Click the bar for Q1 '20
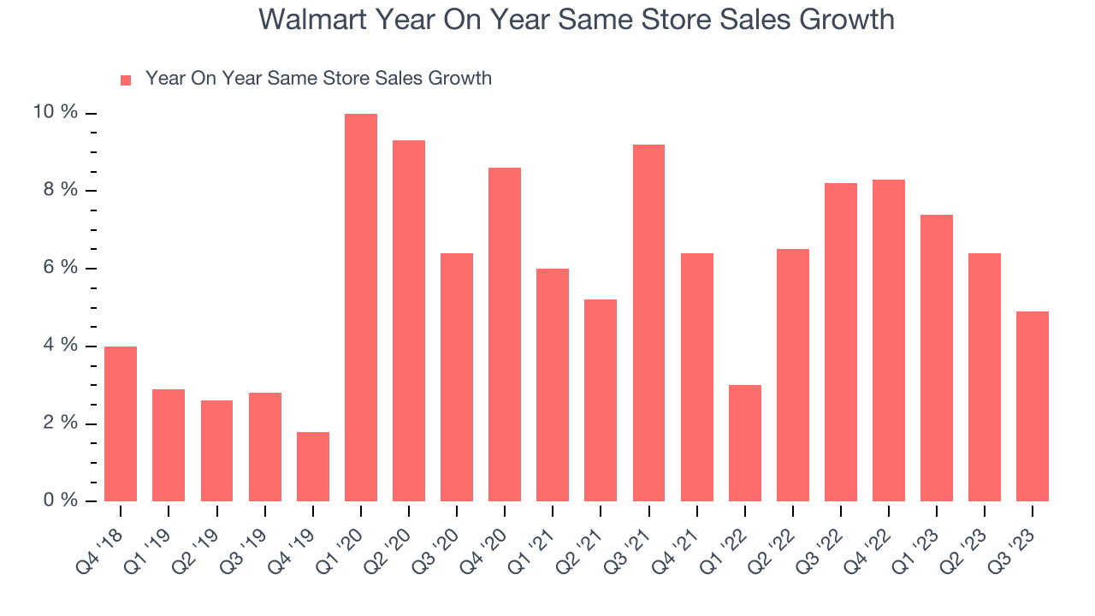point(361,308)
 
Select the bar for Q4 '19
point(313,466)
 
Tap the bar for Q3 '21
point(649,323)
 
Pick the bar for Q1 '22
point(745,443)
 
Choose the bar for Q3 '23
point(1033,406)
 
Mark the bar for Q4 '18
point(121,423)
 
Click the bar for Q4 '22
point(889,341)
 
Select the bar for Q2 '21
point(601,400)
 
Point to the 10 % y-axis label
point(56,113)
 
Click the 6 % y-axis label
point(60,268)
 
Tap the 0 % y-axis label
point(60,500)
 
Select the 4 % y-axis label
point(60,346)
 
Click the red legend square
point(126,80)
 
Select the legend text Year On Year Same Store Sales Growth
point(318,79)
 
